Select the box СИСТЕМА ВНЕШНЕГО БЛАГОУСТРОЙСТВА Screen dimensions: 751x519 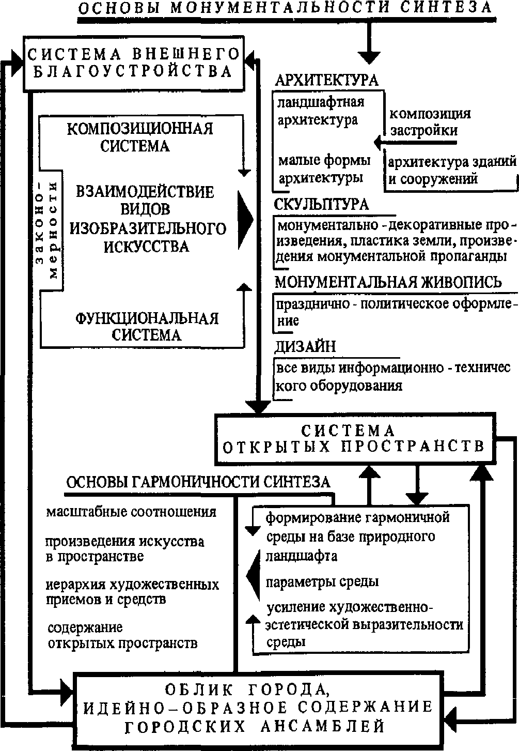[x=133, y=62]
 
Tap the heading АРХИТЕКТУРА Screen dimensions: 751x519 [x=326, y=80]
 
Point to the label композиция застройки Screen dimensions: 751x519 [x=429, y=121]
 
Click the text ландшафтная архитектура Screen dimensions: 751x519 [x=320, y=111]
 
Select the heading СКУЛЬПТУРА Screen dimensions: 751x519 [x=322, y=204]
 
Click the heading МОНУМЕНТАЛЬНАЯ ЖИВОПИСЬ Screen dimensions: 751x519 [x=388, y=282]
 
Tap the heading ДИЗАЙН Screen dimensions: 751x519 [x=305, y=346]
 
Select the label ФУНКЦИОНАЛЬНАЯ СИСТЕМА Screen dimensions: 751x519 [x=147, y=326]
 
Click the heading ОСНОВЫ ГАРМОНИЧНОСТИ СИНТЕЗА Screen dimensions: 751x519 [x=198, y=482]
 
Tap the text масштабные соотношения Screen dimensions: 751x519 [x=131, y=512]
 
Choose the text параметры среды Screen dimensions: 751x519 [x=322, y=581]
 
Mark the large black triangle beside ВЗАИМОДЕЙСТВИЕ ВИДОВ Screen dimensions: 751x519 [x=244, y=219]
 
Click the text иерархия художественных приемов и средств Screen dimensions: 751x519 [x=132, y=592]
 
